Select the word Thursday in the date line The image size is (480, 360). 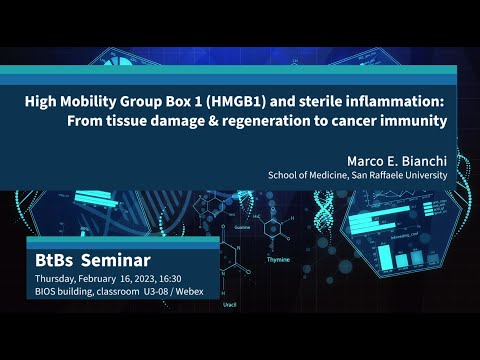click(x=57, y=277)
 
